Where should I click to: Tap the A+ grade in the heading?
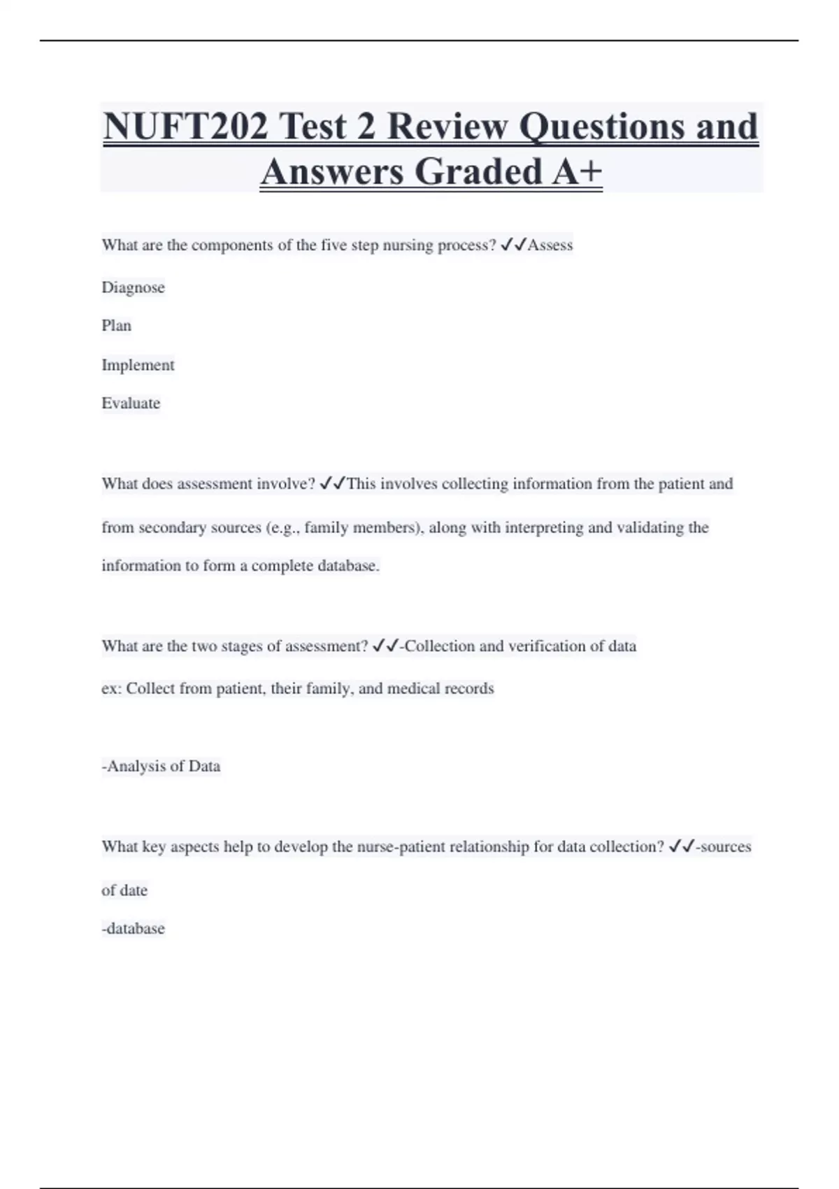[x=577, y=172]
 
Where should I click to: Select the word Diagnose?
[x=133, y=287]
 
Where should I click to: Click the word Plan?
[x=116, y=326]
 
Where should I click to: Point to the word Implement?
[x=138, y=365]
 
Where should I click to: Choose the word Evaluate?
[x=131, y=404]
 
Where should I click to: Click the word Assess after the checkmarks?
[x=550, y=245]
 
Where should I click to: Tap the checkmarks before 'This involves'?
[x=332, y=484]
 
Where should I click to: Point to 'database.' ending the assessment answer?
[x=348, y=566]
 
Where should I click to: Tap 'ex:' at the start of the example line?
[x=111, y=689]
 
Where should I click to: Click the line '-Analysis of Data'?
[x=161, y=767]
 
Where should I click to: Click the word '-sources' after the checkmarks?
[x=723, y=847]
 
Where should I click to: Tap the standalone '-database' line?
[x=133, y=929]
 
